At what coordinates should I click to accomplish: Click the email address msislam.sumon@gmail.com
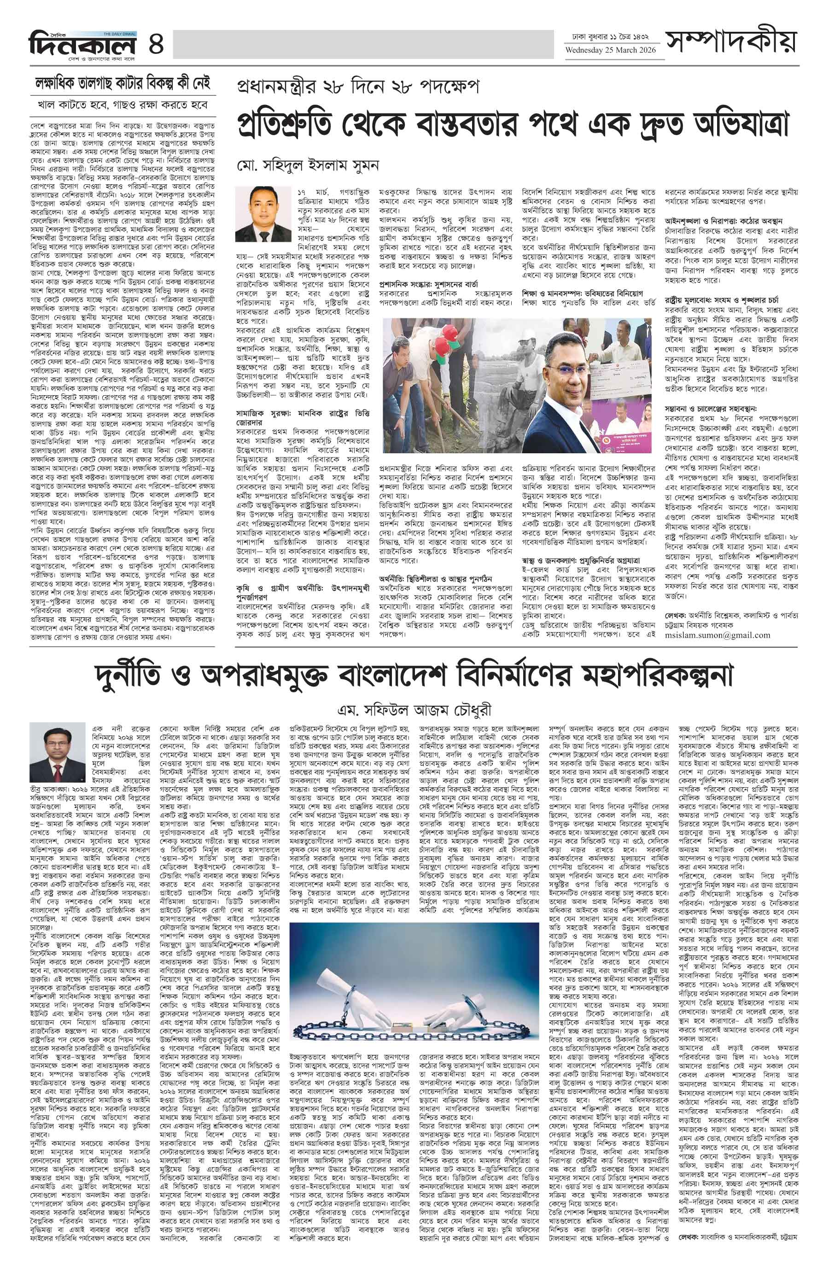(717, 635)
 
